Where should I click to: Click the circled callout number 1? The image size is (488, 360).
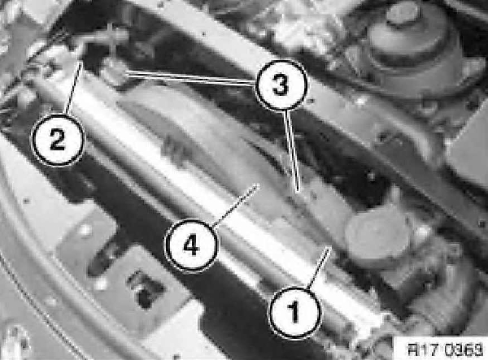294,312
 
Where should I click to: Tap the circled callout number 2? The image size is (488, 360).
58,140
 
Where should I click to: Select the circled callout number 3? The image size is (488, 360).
281,85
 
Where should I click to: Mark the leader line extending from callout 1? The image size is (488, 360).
318,268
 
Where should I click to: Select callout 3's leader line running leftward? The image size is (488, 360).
190,77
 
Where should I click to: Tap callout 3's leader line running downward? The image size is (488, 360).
292,150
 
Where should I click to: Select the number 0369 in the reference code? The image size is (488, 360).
462,349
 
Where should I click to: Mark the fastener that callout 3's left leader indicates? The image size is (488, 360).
113,72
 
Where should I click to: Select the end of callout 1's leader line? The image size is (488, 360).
329,248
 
